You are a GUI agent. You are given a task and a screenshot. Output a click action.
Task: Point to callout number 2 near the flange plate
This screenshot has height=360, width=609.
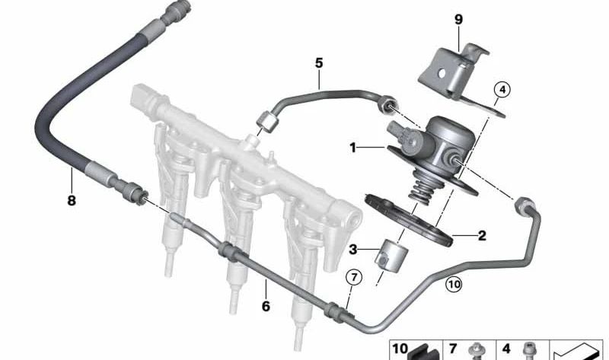tap(481, 236)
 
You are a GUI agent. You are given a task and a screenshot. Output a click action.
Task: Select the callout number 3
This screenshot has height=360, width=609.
tap(352, 250)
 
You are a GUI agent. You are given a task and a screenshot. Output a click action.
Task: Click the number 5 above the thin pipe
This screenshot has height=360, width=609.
tap(320, 62)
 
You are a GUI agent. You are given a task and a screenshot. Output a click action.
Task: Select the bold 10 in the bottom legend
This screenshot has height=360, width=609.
tap(400, 349)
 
